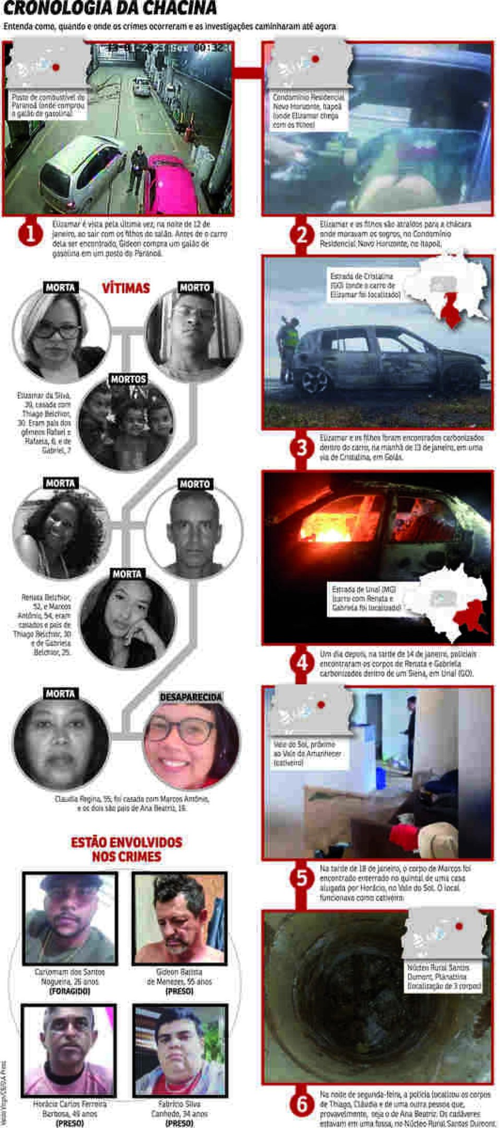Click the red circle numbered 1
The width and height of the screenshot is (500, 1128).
click(30, 233)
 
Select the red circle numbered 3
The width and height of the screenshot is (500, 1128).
click(302, 447)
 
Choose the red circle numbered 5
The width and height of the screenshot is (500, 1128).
click(302, 878)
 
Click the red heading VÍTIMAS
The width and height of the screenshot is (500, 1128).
click(126, 288)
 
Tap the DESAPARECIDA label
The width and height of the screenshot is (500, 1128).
click(191, 697)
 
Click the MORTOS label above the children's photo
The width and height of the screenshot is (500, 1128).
click(128, 379)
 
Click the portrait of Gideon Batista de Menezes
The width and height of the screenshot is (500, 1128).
click(179, 919)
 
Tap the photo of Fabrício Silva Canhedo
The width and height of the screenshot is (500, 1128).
click(180, 1050)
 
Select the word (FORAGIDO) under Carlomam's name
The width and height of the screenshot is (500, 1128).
click(69, 991)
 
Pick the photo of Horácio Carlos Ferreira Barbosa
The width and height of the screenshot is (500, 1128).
click(69, 1050)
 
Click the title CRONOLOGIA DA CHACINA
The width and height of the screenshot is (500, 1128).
click(110, 8)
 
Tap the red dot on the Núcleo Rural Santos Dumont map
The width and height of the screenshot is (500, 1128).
click(459, 926)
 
